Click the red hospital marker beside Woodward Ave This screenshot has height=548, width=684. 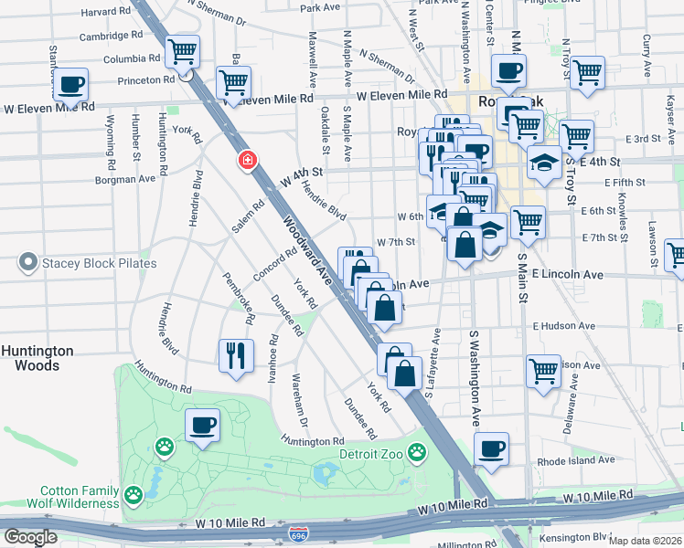(246, 162)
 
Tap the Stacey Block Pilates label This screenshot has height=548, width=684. (99, 264)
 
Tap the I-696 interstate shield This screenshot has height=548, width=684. (298, 534)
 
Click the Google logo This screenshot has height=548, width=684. (29, 537)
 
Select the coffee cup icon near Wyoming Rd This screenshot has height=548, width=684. (70, 86)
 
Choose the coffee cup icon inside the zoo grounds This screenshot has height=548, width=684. (203, 425)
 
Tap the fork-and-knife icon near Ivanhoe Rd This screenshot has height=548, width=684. (236, 354)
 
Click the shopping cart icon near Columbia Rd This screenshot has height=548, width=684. (182, 51)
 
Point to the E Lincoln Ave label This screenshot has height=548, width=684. (566, 274)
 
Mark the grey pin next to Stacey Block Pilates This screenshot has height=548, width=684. (27, 264)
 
